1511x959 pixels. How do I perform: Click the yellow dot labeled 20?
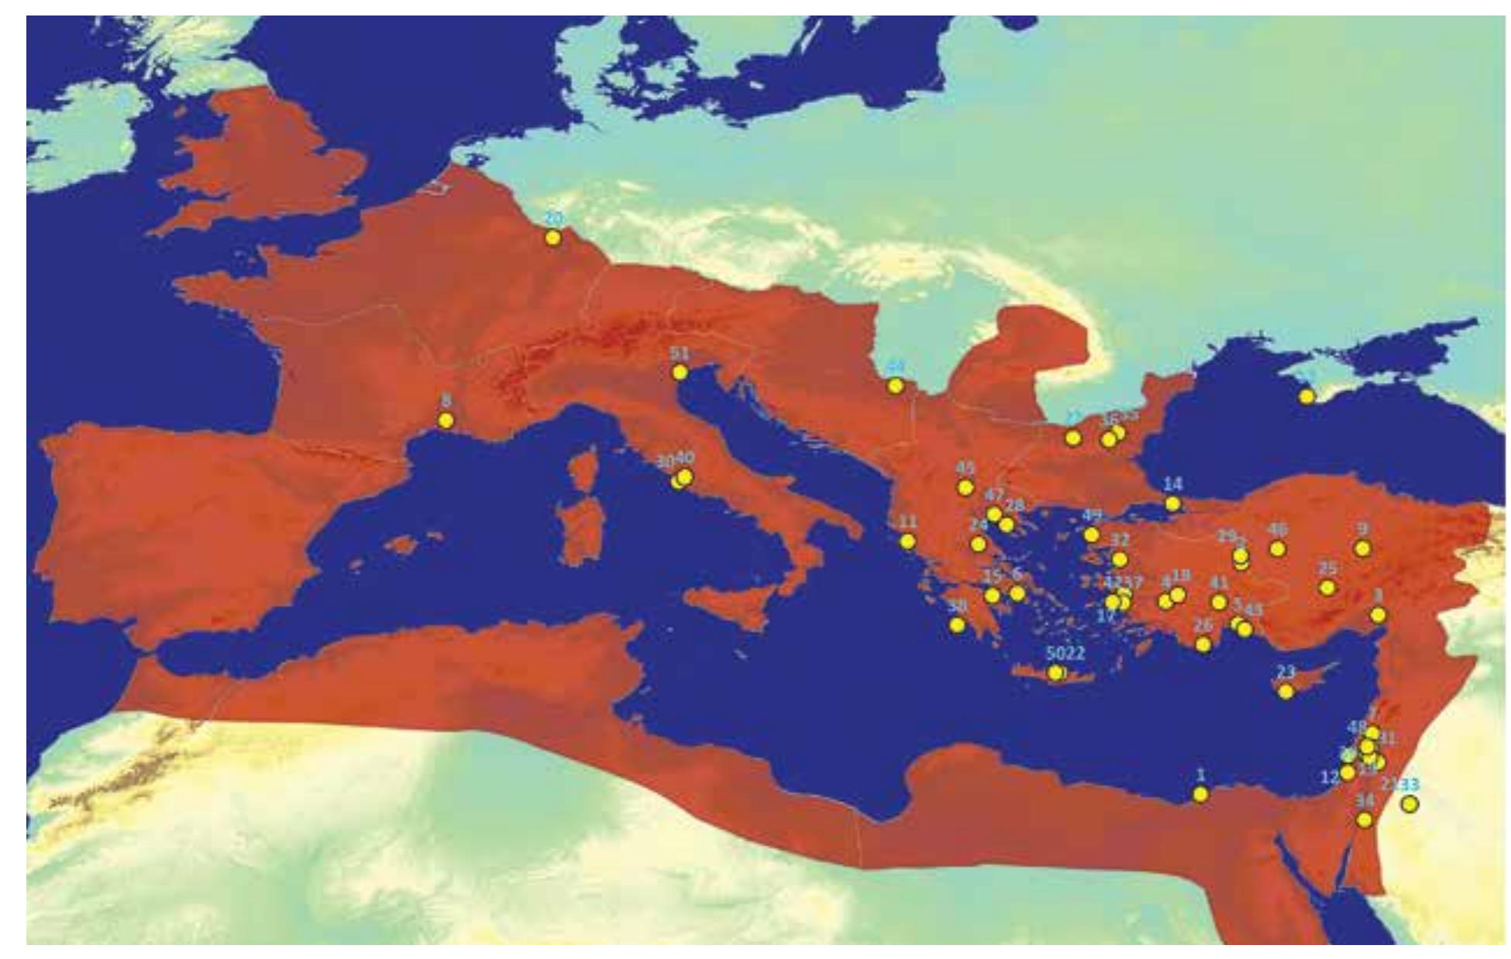point(552,238)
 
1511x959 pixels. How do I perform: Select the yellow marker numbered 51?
point(680,373)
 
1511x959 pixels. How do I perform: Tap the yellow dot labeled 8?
point(446,421)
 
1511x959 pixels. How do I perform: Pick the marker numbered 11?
point(907,541)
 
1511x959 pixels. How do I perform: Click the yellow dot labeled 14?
point(1173,504)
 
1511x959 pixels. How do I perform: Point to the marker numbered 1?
point(1200,794)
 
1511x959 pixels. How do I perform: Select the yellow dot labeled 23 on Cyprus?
point(1286,692)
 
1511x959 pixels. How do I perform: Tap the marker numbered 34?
point(1365,820)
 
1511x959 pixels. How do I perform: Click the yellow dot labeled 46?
point(1278,549)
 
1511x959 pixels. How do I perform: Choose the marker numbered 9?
point(1362,548)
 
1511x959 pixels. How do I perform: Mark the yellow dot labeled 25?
point(1327,588)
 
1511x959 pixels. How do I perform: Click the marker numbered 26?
point(1203,644)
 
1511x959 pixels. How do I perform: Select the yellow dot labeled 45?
point(965,487)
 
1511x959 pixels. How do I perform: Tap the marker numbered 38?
point(958,625)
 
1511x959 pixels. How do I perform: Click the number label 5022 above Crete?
point(1065,653)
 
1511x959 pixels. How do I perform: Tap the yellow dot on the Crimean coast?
point(1307,397)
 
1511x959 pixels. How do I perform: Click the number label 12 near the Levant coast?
point(1330,775)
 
